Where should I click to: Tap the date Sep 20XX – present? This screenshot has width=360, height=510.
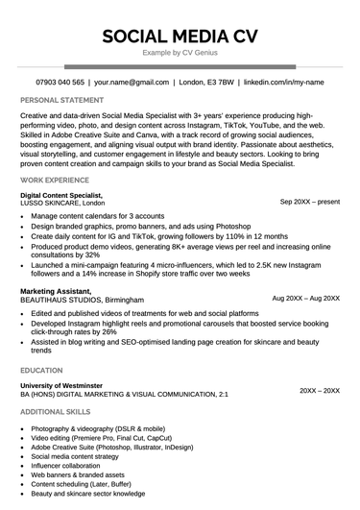(x=309, y=203)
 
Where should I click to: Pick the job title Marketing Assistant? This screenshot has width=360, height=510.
(x=57, y=291)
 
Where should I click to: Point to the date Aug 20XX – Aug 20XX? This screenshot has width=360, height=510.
(x=305, y=299)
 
